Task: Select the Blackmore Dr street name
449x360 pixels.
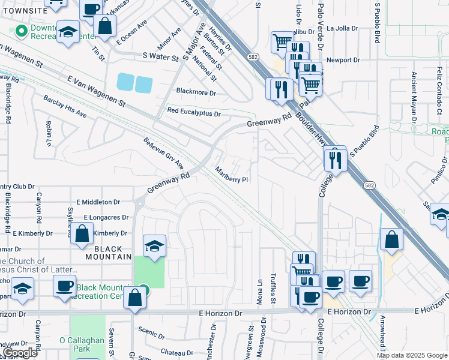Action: (x=195, y=92)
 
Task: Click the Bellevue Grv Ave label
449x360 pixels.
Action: (x=163, y=154)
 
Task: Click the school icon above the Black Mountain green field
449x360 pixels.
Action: (x=154, y=245)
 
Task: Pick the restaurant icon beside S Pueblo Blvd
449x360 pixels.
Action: (x=334, y=159)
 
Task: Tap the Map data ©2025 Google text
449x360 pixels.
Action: (x=412, y=355)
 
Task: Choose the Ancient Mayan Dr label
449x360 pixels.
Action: (x=414, y=98)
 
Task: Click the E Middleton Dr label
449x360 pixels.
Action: (x=98, y=203)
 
